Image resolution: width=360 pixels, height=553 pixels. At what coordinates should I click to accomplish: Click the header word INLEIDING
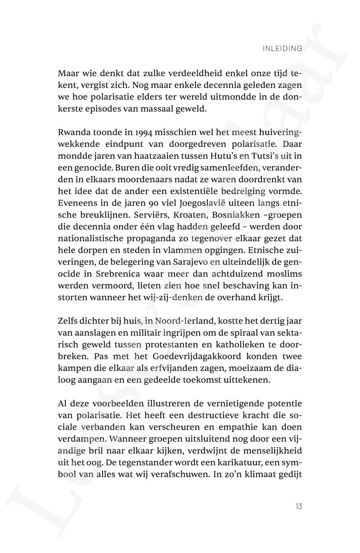(283, 49)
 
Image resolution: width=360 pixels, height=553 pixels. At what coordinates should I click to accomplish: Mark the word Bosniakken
(236, 215)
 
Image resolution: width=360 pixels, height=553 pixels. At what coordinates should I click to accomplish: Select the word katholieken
(232, 345)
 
